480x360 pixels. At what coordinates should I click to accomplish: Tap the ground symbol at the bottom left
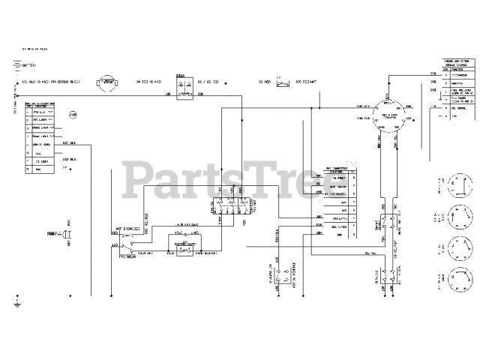(x=17, y=303)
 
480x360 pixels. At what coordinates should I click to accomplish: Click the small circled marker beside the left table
(x=73, y=114)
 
